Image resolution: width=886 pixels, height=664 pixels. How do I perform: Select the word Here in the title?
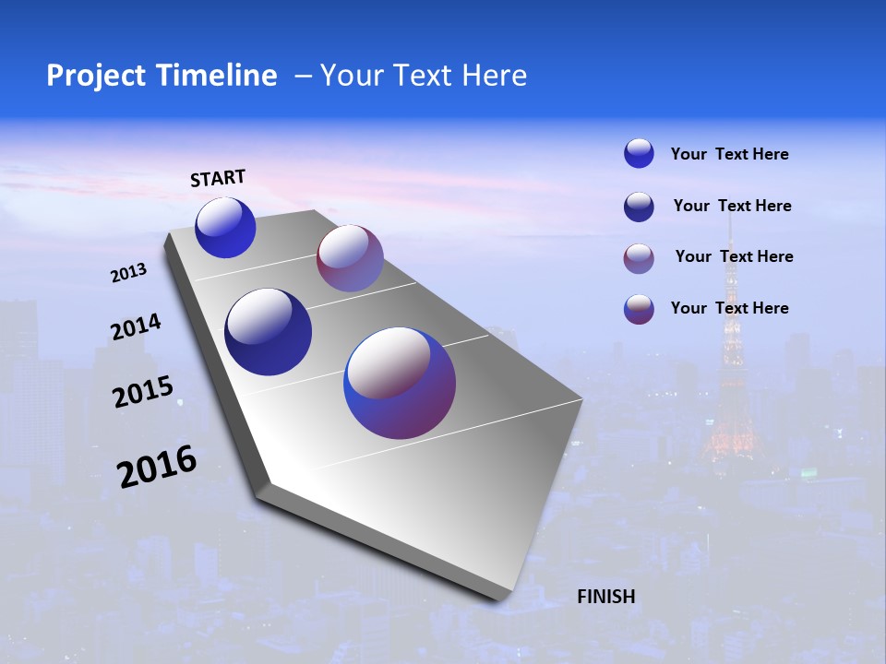pyautogui.click(x=495, y=76)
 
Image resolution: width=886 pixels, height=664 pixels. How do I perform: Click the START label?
pyautogui.click(x=218, y=178)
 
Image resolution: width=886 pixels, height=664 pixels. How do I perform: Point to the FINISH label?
pyautogui.click(x=606, y=597)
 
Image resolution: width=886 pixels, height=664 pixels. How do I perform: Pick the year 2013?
pyautogui.click(x=129, y=273)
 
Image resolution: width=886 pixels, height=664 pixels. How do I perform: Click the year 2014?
pyautogui.click(x=137, y=326)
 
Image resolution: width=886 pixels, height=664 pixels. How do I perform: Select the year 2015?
pyautogui.click(x=143, y=392)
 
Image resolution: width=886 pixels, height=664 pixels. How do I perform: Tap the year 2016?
pyautogui.click(x=157, y=466)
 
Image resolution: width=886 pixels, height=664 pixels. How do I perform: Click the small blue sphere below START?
pyautogui.click(x=225, y=228)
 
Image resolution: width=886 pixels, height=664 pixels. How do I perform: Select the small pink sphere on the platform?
pyautogui.click(x=350, y=258)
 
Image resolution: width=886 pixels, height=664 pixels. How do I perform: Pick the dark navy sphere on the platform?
pyautogui.click(x=269, y=332)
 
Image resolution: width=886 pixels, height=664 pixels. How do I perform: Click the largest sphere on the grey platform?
pyautogui.click(x=400, y=383)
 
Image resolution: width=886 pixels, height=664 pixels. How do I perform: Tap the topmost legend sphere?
pyautogui.click(x=639, y=153)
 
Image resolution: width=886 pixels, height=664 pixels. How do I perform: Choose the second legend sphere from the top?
pyautogui.click(x=639, y=207)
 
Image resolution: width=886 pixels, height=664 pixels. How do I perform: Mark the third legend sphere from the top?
pyautogui.click(x=639, y=258)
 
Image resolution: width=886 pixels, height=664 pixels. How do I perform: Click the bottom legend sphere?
pyautogui.click(x=639, y=309)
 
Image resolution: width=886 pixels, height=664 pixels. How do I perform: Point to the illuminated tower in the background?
pyautogui.click(x=732, y=369)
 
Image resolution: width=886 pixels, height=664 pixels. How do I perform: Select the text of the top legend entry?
pyautogui.click(x=729, y=154)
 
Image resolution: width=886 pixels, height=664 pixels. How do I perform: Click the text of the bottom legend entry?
pyautogui.click(x=729, y=308)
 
